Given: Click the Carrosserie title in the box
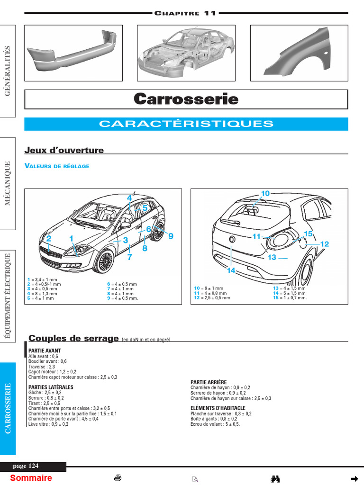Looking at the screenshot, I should click(x=186, y=99).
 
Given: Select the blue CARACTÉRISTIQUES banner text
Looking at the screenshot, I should click(x=186, y=124).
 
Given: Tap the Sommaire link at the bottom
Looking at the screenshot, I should click(x=31, y=478).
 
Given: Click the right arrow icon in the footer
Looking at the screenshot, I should click(x=354, y=478).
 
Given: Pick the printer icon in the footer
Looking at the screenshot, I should click(x=118, y=478).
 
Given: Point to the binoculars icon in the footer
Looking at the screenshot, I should click(x=275, y=479).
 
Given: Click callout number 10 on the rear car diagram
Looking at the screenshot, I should click(x=265, y=193).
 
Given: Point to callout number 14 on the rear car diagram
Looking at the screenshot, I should click(x=231, y=270).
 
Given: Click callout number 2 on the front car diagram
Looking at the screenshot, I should click(x=48, y=239).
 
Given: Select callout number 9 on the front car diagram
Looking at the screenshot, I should click(x=171, y=236).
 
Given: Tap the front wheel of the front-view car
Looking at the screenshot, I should click(x=104, y=261).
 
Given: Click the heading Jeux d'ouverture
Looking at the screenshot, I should click(x=64, y=150).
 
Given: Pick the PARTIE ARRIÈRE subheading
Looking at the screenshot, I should click(x=209, y=382).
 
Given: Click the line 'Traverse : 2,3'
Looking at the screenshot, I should click(x=42, y=367).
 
